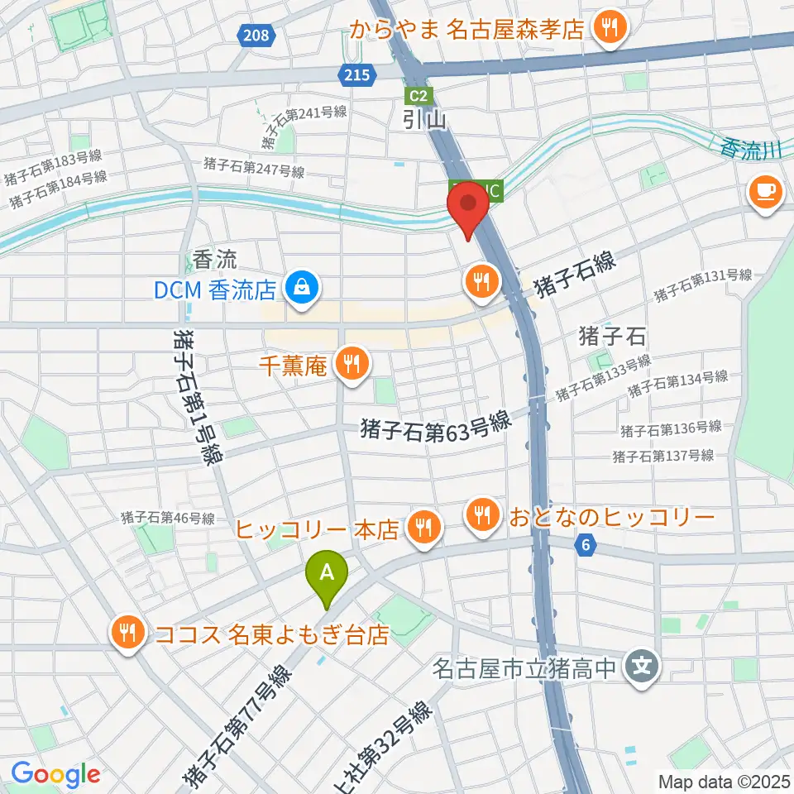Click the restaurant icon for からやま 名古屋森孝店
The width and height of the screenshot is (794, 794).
click(611, 30)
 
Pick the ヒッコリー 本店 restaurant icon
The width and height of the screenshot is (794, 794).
click(424, 527)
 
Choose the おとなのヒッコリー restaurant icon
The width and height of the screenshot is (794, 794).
click(481, 517)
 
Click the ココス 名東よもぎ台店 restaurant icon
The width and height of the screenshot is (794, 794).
click(127, 634)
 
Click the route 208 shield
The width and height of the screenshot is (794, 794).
click(256, 35)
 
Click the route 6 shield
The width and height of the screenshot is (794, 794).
click(586, 544)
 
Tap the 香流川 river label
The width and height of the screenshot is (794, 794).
click(750, 150)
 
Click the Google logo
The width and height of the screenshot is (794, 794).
click(56, 774)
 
